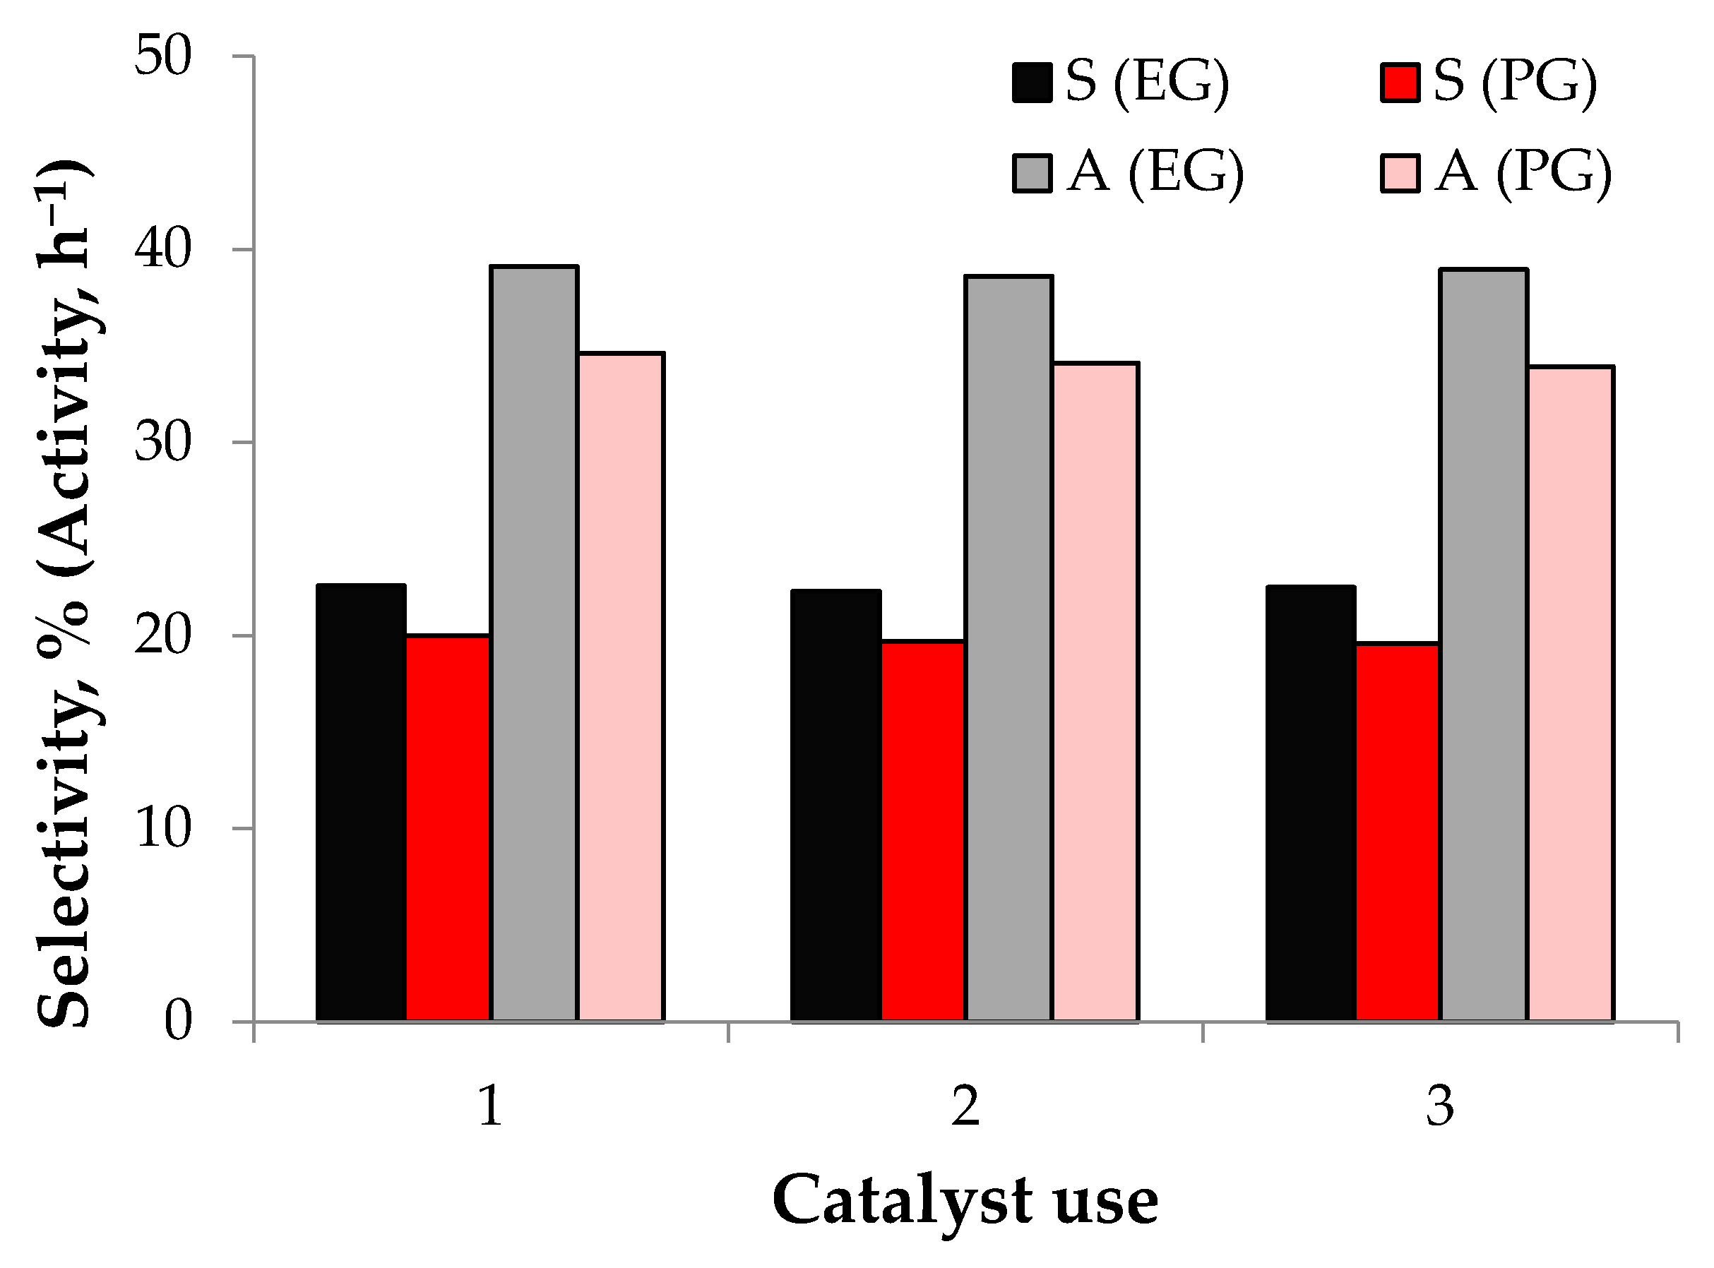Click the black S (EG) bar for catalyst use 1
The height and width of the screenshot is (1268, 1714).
361,803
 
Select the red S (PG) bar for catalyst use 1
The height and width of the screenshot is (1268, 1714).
448,828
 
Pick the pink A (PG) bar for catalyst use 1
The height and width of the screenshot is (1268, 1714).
621,687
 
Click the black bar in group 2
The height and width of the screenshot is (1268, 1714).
836,806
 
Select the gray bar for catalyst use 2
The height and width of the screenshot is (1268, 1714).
1008,649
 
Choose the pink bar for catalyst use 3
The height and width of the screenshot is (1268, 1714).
1571,694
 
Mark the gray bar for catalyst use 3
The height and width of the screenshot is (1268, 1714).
1484,645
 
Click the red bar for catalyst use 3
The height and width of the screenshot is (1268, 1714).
1398,833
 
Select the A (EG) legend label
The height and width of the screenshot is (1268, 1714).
1155,172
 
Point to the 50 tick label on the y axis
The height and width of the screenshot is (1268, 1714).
162,56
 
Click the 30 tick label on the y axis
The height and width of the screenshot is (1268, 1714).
162,443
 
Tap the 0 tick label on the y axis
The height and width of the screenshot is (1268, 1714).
177,1022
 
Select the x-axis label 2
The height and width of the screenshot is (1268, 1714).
965,1108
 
